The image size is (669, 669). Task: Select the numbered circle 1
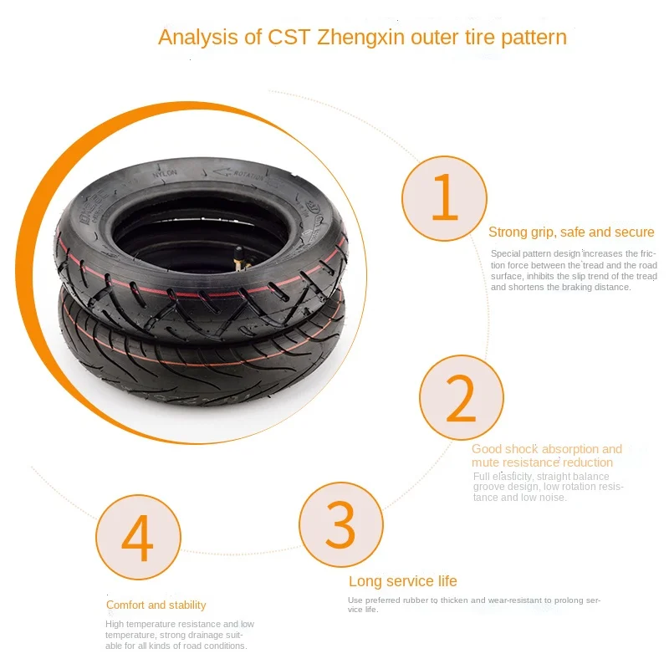[444, 199]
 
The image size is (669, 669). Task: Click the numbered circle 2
[461, 399]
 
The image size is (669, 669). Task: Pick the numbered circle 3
[340, 524]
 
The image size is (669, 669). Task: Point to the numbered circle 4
[138, 538]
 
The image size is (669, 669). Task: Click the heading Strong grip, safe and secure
[571, 232]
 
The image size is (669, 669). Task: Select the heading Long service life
[402, 582]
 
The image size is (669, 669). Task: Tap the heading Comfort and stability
[156, 605]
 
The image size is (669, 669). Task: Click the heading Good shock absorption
[547, 449]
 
